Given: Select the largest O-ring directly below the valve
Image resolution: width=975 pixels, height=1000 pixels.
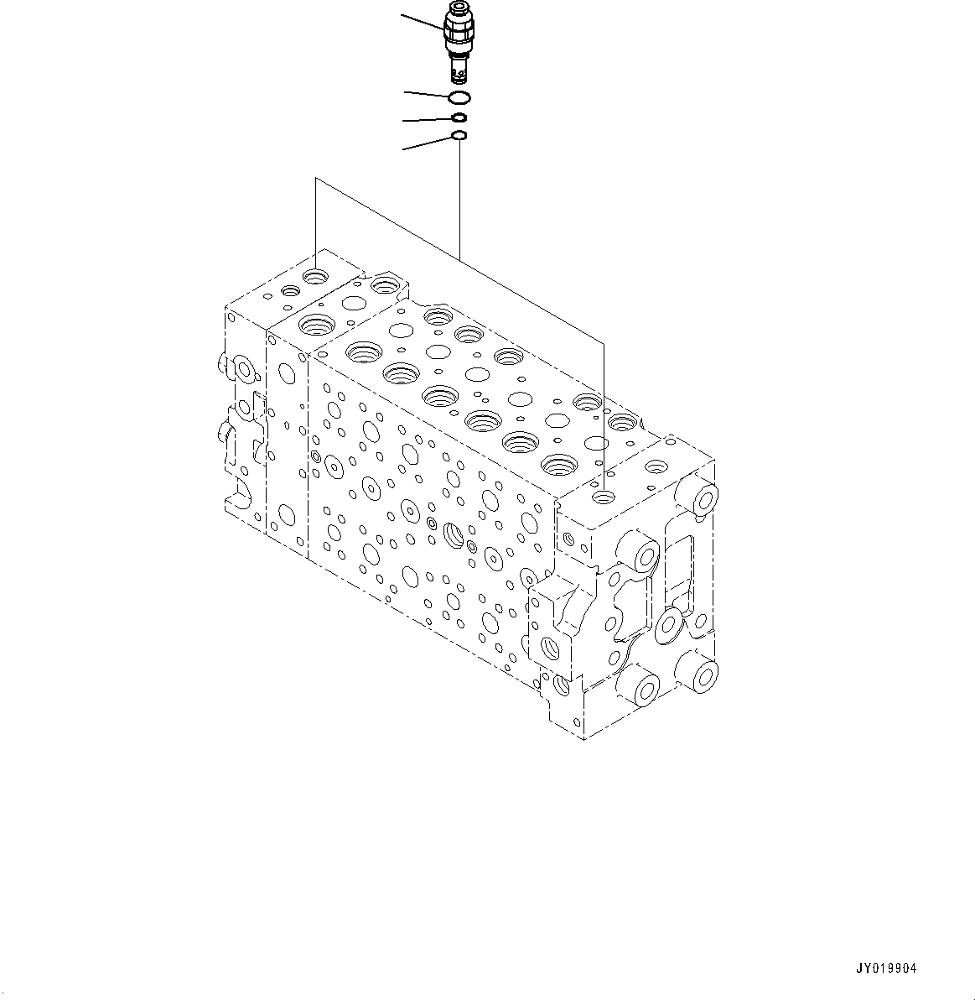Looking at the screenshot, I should click(x=459, y=98).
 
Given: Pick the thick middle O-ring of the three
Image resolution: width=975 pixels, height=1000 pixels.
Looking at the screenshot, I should click(x=459, y=118).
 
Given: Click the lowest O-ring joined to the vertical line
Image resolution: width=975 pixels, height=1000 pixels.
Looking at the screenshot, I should click(x=459, y=135).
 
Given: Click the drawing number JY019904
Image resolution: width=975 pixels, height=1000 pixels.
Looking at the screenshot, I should click(x=885, y=968).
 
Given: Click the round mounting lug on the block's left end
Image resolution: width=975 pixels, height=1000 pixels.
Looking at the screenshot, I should click(x=245, y=368).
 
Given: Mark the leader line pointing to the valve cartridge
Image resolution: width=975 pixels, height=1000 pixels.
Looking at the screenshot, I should click(x=423, y=23).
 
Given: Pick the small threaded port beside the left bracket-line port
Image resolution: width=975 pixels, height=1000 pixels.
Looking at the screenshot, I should click(x=292, y=291).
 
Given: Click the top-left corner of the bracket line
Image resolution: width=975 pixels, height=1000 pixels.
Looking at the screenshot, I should click(x=315, y=178).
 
